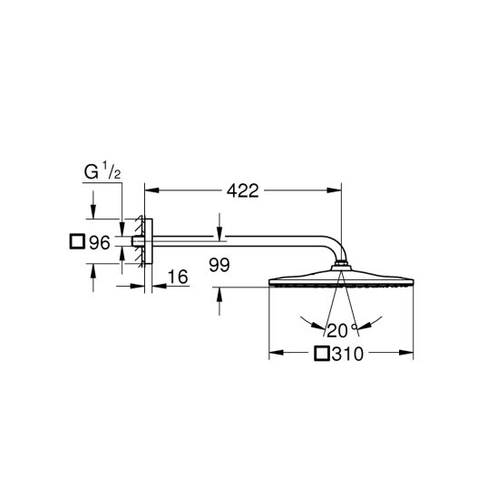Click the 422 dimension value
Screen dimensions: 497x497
click(243, 191)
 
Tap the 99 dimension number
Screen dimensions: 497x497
click(219, 265)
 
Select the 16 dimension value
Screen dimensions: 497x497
click(178, 277)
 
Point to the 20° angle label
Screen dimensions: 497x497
click(341, 330)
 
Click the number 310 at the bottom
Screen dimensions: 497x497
click(347, 354)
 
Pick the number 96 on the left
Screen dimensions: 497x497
click(99, 243)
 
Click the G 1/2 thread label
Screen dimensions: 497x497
click(102, 172)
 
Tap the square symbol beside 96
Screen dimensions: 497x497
click(77, 241)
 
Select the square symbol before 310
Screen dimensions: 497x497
click(322, 353)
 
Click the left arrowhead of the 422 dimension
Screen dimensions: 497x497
click(151, 190)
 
